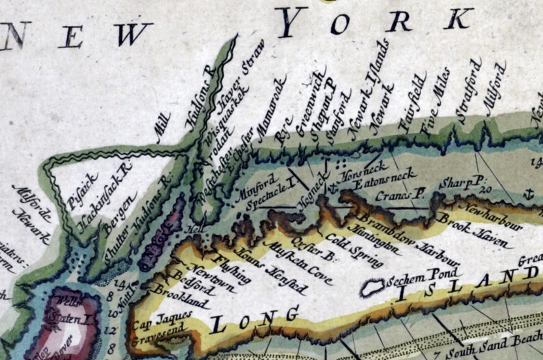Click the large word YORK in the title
tap(376, 22)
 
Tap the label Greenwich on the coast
tap(309, 104)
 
